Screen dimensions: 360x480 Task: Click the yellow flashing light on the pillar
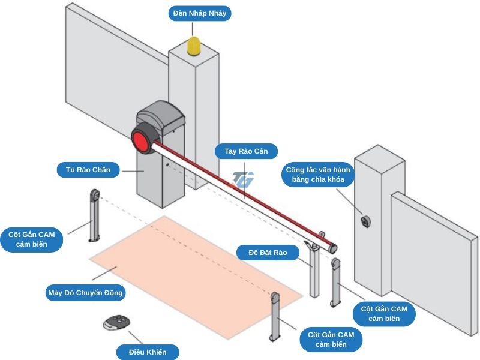[x=196, y=47]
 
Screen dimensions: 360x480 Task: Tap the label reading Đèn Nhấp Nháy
[x=199, y=13]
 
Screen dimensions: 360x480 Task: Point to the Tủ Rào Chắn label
[x=88, y=170]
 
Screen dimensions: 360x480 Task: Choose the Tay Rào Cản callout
[x=247, y=151]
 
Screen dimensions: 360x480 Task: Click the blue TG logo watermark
[x=244, y=179]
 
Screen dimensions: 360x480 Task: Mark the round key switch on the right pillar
[x=365, y=221]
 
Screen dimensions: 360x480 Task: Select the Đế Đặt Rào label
[x=268, y=253]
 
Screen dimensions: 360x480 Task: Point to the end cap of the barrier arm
[x=333, y=247]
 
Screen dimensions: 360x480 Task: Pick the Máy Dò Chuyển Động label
[x=85, y=293]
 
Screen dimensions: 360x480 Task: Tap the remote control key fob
[x=116, y=323]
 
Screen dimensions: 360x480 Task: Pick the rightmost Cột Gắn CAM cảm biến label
[x=384, y=313]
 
